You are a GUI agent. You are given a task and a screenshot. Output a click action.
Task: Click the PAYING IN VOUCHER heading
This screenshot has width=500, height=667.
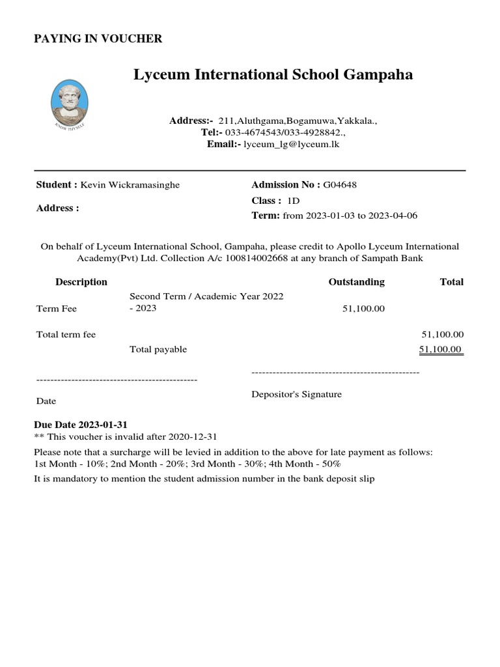coord(98,39)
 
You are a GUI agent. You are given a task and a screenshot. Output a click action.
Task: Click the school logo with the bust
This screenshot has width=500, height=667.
coord(70,102)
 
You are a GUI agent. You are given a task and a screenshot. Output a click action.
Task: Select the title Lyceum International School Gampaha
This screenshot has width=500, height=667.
coord(273,75)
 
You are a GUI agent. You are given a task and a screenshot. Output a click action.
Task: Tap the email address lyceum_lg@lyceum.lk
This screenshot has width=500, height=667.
coord(291,145)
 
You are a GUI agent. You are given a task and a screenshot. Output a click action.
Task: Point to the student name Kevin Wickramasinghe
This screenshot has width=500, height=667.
coord(130,185)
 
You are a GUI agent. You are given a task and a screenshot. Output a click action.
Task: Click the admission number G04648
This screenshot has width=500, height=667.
coord(340,185)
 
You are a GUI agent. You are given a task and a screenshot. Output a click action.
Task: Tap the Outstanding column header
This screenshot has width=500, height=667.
coord(356,282)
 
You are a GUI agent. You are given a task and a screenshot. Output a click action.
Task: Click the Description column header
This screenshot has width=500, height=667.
coord(81,282)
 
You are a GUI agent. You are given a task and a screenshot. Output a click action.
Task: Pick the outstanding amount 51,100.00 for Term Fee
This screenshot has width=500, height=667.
coord(363,309)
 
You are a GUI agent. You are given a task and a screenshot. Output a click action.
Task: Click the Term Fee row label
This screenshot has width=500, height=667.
coord(57,309)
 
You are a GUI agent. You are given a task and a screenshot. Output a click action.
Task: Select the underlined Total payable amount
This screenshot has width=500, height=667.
coord(441,350)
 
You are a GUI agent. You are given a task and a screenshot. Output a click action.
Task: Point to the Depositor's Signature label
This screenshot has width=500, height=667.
coord(296,395)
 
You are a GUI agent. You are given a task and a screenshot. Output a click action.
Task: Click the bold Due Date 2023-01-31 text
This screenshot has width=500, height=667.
coord(81,425)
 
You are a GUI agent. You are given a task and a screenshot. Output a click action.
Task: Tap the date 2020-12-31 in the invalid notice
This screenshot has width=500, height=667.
coord(193,436)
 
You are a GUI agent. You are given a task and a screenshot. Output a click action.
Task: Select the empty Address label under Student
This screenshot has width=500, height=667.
coord(57,208)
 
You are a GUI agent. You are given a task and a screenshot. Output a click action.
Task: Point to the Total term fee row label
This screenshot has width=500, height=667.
coord(66,335)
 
